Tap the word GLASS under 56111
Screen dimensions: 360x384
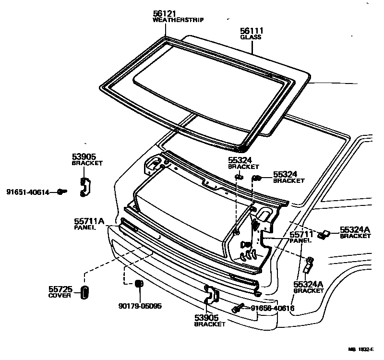[252, 36]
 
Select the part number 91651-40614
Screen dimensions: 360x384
[28, 192]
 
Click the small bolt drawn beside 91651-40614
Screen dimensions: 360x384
[61, 192]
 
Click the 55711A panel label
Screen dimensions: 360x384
[89, 221]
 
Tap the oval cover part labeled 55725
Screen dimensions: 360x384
[84, 292]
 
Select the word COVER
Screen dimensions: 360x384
[60, 296]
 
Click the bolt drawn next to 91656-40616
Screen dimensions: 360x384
[238, 309]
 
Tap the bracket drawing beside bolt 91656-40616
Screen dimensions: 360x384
[210, 299]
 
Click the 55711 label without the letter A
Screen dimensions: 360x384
[301, 234]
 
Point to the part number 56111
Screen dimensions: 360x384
[252, 31]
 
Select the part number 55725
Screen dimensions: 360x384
[60, 289]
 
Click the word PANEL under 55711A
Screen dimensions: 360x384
[85, 228]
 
